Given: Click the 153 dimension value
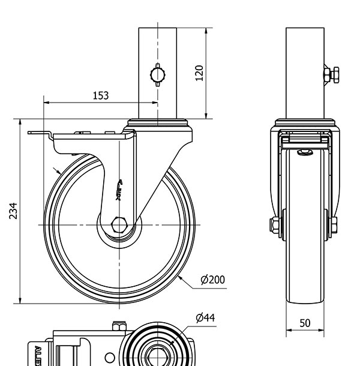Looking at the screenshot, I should [101, 95].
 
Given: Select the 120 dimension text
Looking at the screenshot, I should [200, 72].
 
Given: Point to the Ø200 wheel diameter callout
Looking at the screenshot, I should [213, 280].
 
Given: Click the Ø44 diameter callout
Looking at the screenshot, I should [206, 317].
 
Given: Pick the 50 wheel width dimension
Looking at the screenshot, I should [305, 323].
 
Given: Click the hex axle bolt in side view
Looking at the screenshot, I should [119, 226].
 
